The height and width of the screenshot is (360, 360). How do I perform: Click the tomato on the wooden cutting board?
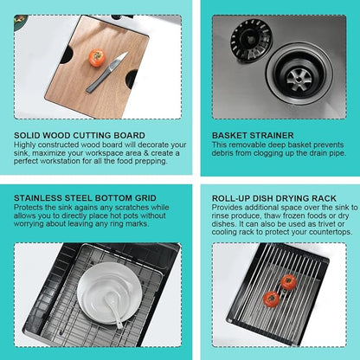pos(97,58)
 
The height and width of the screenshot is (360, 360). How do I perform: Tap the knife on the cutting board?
pos(107,72)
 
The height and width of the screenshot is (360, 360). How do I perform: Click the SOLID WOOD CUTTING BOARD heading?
pos(80,135)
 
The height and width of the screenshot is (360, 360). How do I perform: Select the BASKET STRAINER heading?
pos(253,135)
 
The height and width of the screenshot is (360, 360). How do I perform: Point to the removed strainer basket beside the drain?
pos(251,39)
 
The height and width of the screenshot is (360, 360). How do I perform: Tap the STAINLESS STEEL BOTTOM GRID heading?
pos(85,198)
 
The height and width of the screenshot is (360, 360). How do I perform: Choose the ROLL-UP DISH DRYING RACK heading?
pos(274,198)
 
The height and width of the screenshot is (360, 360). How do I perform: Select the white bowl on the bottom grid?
pos(110,292)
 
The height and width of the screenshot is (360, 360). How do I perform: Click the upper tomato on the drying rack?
pos(288,282)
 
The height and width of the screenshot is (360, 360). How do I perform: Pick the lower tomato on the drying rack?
pos(271,299)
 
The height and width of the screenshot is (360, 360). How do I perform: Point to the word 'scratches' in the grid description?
pos(132,208)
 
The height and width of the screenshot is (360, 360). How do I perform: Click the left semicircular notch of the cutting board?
pos(67,55)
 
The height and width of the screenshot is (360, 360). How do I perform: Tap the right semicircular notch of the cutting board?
pos(132,79)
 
